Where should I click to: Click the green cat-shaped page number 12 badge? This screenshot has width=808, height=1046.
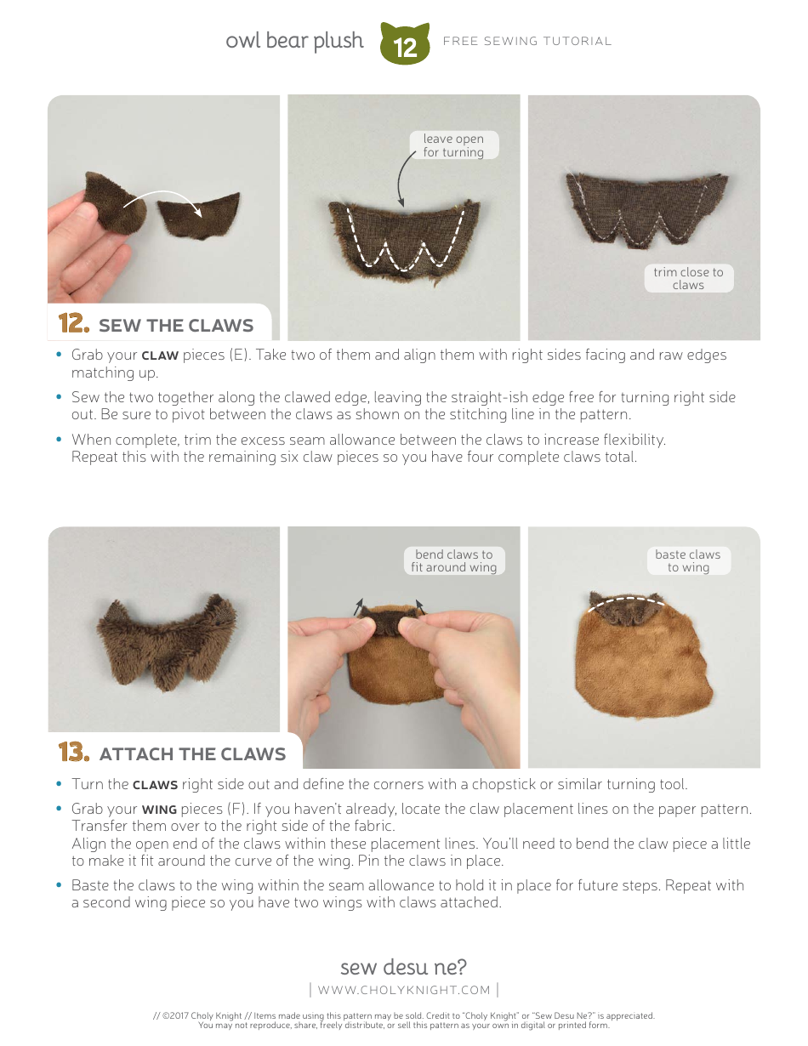pos(405,44)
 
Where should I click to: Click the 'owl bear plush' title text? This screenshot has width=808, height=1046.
pos(294,41)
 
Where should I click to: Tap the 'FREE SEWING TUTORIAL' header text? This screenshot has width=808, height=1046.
pos(526,41)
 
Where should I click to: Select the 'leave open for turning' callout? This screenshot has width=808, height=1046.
pos(453,145)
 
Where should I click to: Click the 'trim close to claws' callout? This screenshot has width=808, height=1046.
pos(688,278)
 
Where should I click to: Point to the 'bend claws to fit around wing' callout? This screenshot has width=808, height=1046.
pos(453,560)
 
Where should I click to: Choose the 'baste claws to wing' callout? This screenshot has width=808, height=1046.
pos(687,560)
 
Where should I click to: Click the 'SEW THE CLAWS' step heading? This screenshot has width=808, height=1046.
pos(175,326)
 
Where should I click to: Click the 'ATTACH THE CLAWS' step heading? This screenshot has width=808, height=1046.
pos(192,754)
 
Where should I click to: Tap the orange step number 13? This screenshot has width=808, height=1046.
pos(74,753)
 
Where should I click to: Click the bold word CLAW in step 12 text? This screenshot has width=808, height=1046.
pos(159,355)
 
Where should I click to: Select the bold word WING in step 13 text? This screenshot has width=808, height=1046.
pos(159,809)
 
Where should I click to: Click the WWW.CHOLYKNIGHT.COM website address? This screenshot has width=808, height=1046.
pos(404,990)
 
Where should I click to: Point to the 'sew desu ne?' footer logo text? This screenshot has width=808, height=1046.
pos(403,967)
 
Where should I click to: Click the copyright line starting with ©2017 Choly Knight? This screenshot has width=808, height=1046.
pos(404,1015)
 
